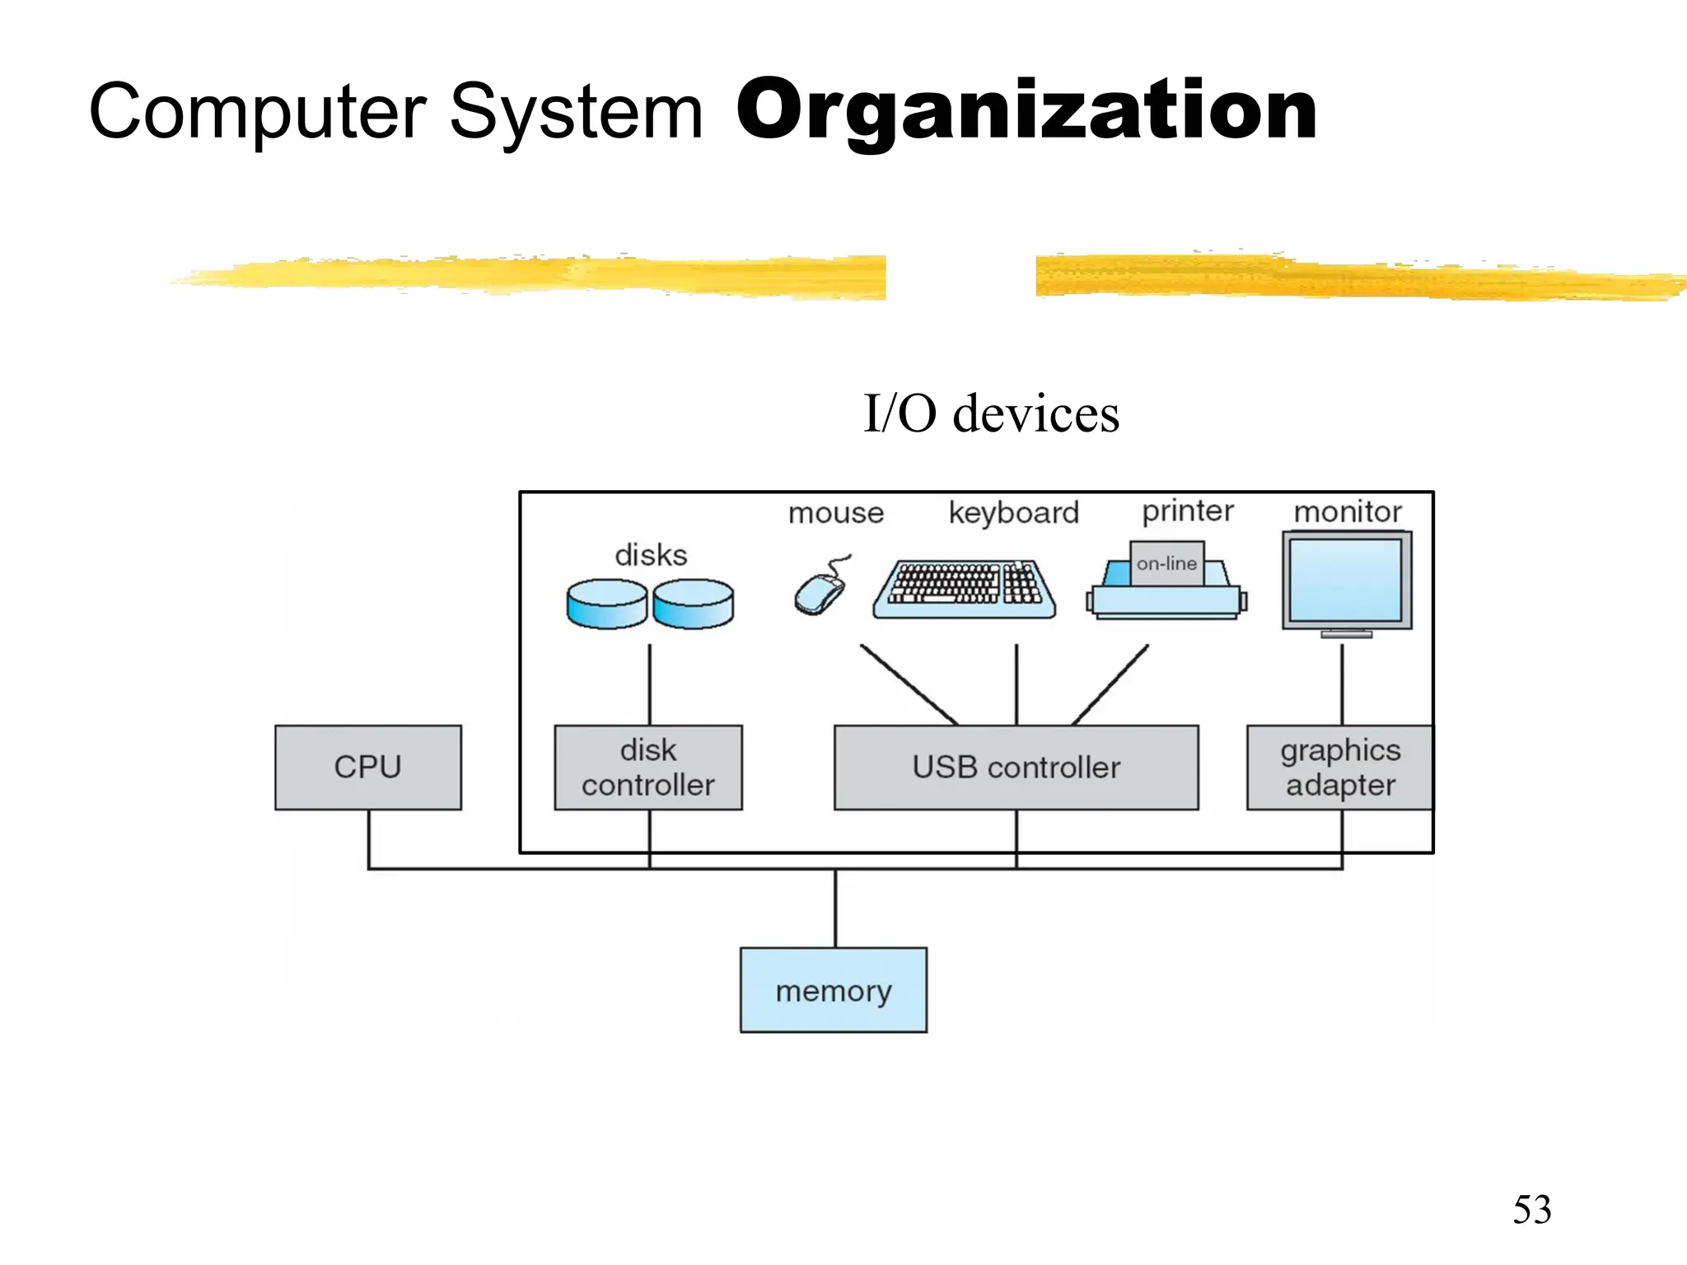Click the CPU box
[x=367, y=767]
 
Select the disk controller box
[x=648, y=767]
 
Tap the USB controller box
[x=1016, y=767]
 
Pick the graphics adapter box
[x=1339, y=767]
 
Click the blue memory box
[x=833, y=990]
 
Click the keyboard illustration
[x=964, y=589]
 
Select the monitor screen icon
[x=1346, y=581]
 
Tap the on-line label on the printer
[x=1166, y=563]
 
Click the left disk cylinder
[x=607, y=604]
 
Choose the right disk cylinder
[x=693, y=604]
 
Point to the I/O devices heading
[x=991, y=413]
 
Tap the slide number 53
[x=1531, y=1209]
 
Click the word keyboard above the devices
[x=1013, y=512]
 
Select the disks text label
[x=651, y=555]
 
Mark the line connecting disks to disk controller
[x=649, y=684]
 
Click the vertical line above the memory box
[x=835, y=908]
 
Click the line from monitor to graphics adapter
[x=1342, y=684]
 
